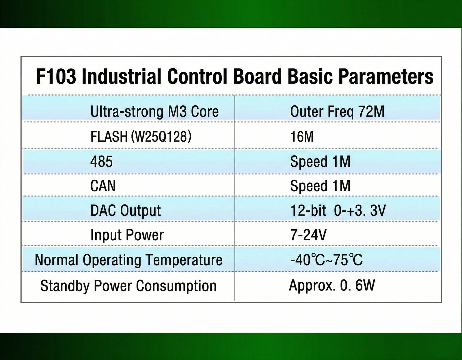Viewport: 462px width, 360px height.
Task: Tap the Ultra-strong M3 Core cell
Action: coord(154,112)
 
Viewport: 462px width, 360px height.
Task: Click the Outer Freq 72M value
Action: coord(337,112)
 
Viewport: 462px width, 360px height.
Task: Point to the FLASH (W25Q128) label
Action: coord(141,136)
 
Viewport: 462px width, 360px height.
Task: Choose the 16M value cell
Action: coord(302,136)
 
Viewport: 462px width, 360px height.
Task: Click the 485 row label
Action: coord(101,162)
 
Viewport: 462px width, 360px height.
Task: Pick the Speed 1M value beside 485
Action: coord(320,162)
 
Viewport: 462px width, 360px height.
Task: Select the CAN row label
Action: coord(103,186)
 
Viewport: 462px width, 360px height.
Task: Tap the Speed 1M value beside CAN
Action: coord(320,186)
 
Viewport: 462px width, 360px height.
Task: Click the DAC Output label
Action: coord(126,211)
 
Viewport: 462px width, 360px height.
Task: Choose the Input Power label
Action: coord(127,235)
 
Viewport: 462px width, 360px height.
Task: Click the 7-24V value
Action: coord(308,235)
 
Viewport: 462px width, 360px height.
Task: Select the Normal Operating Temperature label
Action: coord(128,260)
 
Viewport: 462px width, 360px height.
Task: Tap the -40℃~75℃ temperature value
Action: coord(326,260)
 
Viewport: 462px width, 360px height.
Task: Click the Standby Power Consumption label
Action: coord(128,286)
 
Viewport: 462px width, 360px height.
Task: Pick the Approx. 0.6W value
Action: coord(332,286)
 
